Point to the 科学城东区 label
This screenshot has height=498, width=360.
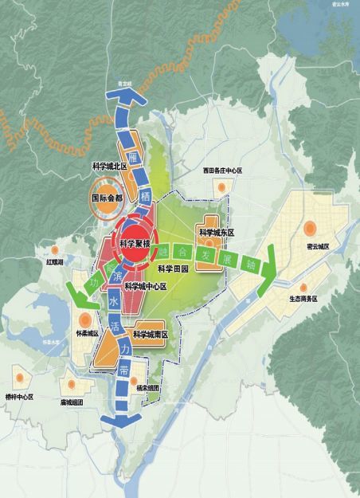point(217,233)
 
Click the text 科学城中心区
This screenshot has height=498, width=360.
point(147,285)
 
